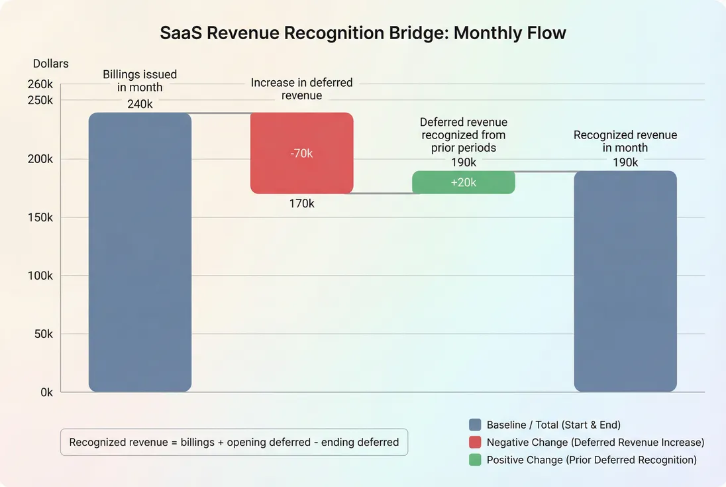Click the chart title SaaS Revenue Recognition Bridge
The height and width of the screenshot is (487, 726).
(x=363, y=33)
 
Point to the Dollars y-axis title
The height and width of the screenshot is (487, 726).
(x=51, y=64)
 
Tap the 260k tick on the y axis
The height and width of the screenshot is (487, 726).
(x=40, y=84)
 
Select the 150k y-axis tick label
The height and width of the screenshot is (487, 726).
(x=40, y=217)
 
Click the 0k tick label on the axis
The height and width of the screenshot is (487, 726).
(x=46, y=392)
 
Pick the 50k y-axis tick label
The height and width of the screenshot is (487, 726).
(x=43, y=334)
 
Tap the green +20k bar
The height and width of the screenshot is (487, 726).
(x=464, y=182)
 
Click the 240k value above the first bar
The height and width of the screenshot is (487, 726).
(x=140, y=104)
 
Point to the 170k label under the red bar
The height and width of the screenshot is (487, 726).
(x=301, y=204)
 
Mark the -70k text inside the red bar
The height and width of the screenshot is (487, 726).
(x=301, y=153)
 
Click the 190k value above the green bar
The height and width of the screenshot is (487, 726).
(x=464, y=162)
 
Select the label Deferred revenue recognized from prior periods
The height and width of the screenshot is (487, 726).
(x=464, y=135)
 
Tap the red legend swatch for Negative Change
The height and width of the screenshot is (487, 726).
(x=474, y=443)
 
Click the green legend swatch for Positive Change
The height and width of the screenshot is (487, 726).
(x=474, y=460)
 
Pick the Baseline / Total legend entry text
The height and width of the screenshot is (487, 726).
(x=553, y=425)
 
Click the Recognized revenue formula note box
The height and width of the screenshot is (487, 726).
(x=234, y=442)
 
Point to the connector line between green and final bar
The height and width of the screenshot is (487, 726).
(x=544, y=172)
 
